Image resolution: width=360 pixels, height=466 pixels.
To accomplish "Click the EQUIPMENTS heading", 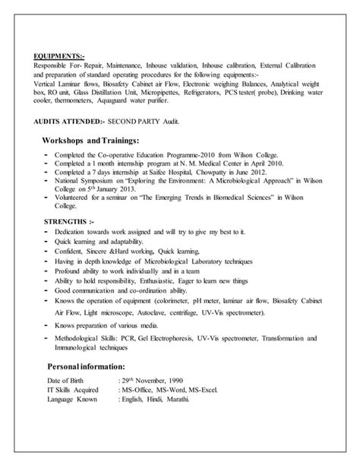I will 58,55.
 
